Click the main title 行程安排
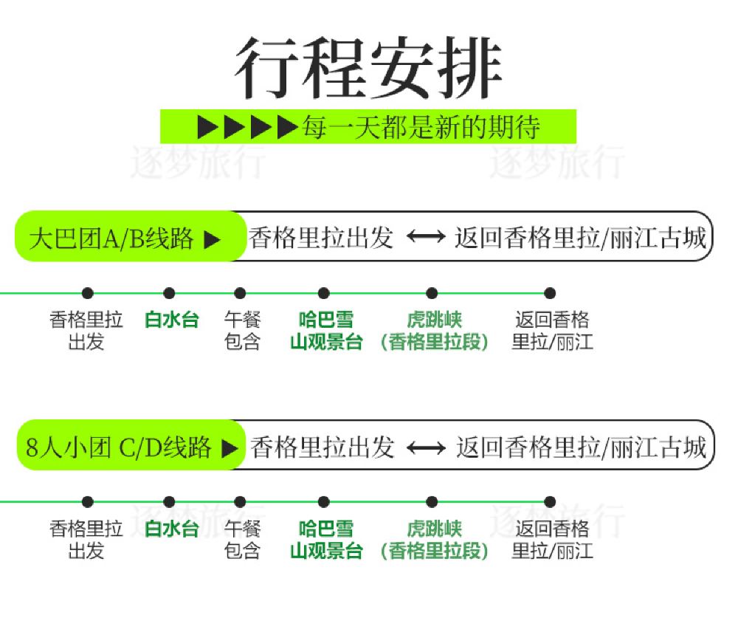click(368, 69)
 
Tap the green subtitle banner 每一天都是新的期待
click(368, 127)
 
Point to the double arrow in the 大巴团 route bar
click(426, 238)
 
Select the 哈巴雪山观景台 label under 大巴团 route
click(325, 331)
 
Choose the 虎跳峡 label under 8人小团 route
click(435, 540)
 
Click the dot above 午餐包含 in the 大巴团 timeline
click(240, 293)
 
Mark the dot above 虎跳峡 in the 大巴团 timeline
click(432, 293)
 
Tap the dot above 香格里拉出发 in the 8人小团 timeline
click(88, 502)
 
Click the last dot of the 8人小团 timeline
click(550, 502)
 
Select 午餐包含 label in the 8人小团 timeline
click(242, 540)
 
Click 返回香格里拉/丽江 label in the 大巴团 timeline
click(552, 331)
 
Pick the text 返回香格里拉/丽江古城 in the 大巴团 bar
click(580, 238)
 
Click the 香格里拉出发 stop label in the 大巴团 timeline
click(86, 331)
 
